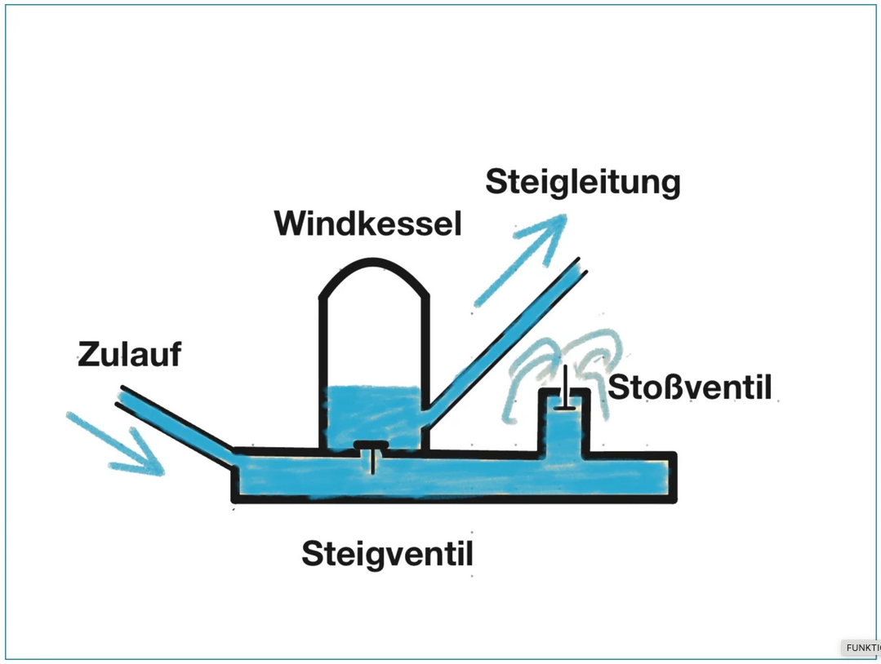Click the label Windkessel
point(367,223)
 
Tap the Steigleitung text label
point(582,182)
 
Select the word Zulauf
point(129,355)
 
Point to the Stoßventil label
point(690,387)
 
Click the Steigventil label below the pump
point(387,554)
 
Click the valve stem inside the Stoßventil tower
point(564,390)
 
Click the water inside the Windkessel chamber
point(372,412)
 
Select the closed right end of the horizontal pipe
point(674,476)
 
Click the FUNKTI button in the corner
point(861,648)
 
